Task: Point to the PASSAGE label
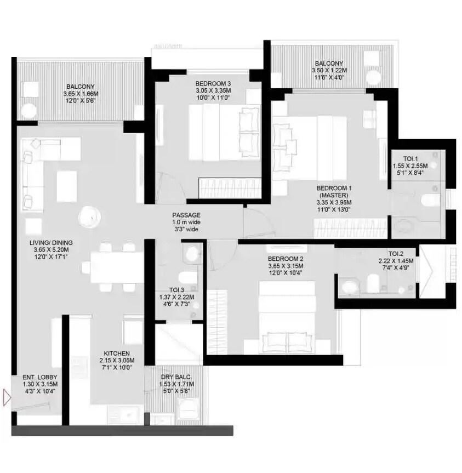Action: click(x=186, y=215)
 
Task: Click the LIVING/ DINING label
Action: click(x=52, y=242)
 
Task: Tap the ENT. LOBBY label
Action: click(x=39, y=378)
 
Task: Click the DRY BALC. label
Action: click(x=175, y=377)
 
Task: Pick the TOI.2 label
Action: click(x=396, y=254)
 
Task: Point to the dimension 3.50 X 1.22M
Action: click(x=329, y=71)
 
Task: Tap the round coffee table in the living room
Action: click(x=90, y=217)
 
